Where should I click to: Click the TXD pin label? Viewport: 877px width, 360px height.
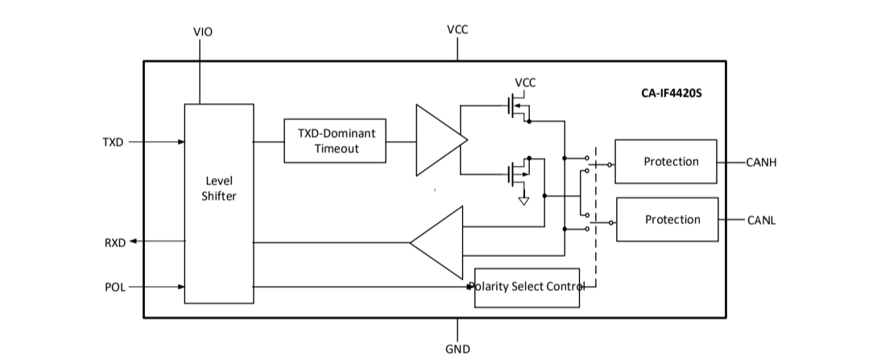coord(113,143)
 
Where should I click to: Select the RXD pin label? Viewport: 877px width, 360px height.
coord(115,242)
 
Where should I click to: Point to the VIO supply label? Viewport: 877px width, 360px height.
coord(203,32)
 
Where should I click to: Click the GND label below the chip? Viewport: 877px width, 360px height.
coord(457,350)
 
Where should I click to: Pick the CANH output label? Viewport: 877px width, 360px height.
coord(761,163)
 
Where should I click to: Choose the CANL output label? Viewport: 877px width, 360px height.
coord(761,220)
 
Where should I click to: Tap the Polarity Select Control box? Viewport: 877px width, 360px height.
coord(527,288)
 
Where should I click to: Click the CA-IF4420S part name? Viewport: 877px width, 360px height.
coord(666,93)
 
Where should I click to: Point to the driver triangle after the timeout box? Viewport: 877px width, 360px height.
coord(438,140)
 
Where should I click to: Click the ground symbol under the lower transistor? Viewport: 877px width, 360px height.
coord(523,199)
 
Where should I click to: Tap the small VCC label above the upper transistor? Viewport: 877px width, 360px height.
coord(525,83)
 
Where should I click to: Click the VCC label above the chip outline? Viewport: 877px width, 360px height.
coord(457,30)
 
